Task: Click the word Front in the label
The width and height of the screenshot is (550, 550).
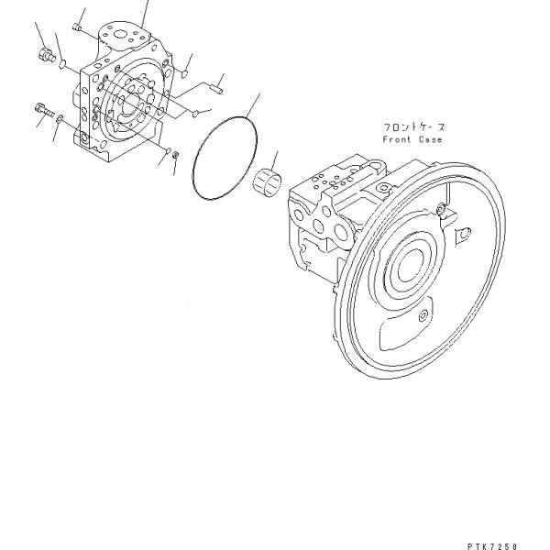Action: [397, 139]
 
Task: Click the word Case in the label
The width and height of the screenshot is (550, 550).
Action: [431, 139]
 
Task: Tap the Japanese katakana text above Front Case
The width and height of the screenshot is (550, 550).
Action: [414, 127]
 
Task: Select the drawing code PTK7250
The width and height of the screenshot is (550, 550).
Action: [492, 546]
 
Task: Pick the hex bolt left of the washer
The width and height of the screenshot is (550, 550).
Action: [44, 109]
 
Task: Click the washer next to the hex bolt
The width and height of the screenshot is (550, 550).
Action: [60, 118]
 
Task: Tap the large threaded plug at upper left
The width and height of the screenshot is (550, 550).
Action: [46, 55]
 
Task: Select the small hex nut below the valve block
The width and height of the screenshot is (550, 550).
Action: [176, 154]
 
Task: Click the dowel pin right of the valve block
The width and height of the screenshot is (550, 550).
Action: [218, 90]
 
